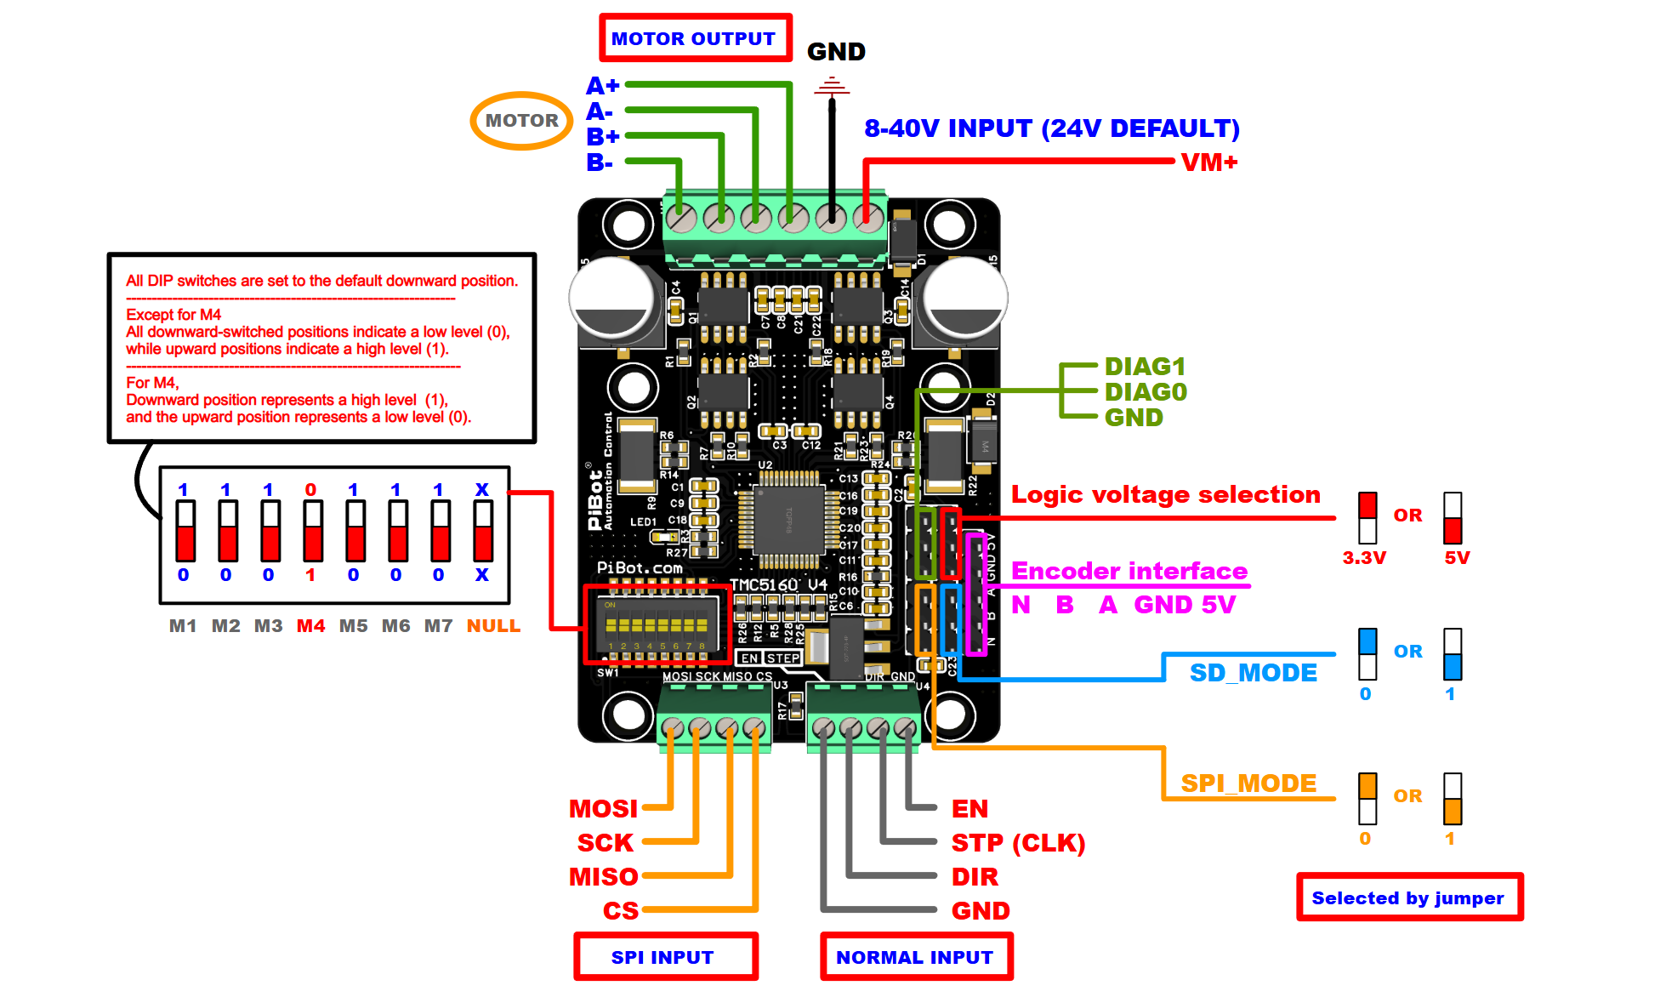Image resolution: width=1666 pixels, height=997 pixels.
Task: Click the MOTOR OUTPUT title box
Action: pos(694,38)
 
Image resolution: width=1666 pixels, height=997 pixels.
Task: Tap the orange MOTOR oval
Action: pos(521,121)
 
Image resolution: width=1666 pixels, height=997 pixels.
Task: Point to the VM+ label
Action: pos(1208,162)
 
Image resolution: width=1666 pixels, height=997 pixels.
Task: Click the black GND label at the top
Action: pos(835,52)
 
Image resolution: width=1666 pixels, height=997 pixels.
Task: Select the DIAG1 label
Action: pos(1144,367)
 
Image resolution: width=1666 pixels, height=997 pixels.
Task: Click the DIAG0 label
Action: pos(1145,392)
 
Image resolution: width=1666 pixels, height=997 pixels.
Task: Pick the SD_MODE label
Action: pos(1253,673)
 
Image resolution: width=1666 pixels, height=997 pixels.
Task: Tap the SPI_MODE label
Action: pos(1248,783)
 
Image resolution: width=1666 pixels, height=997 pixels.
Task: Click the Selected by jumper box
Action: pos(1408,897)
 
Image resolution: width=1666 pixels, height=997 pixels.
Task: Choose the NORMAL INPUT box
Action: pos(915,957)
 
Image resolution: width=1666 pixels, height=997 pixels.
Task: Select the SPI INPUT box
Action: pos(663,957)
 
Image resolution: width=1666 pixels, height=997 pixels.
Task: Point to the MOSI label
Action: pos(603,808)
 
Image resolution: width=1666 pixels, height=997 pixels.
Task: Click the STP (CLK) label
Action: pos(1017,843)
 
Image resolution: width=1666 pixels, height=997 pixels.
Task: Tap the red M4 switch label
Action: pos(310,626)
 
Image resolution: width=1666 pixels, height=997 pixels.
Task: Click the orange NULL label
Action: pos(493,626)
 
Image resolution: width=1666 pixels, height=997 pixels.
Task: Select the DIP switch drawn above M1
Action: pos(185,532)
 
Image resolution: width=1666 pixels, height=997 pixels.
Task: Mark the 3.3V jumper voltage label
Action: pos(1364,558)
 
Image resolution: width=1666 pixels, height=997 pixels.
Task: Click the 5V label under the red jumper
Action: pos(1457,558)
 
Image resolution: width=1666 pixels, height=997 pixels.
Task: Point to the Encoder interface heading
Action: pos(1129,571)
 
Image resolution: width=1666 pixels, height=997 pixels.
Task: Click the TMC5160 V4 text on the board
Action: pos(778,585)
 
